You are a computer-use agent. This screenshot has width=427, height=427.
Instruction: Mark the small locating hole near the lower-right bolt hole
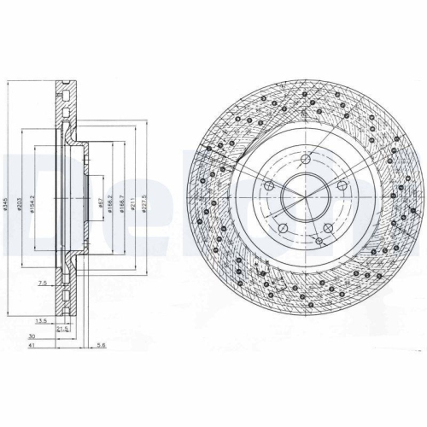[319, 242]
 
